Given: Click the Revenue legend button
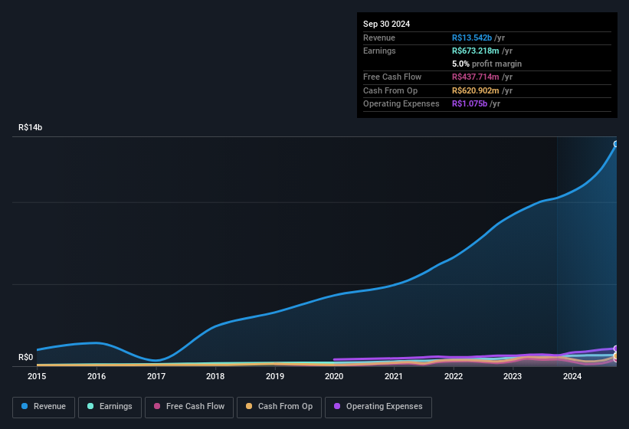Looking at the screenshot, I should coord(44,407).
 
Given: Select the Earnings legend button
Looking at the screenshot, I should coord(110,407).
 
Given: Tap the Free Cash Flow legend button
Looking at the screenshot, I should coord(189,407).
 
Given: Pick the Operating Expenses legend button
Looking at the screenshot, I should coord(378,407).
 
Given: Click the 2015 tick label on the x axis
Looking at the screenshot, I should coord(37,376).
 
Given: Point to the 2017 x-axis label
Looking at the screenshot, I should coord(156,376).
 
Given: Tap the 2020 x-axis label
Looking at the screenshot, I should coord(334,376).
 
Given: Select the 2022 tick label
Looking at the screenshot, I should coord(454,376).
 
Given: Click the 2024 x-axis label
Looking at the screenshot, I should coord(572,376).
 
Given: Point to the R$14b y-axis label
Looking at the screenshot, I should coord(31,127).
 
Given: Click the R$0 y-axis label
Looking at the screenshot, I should coord(25,357).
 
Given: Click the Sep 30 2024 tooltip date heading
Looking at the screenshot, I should coord(386,24).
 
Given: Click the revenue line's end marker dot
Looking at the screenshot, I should coord(616,144).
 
